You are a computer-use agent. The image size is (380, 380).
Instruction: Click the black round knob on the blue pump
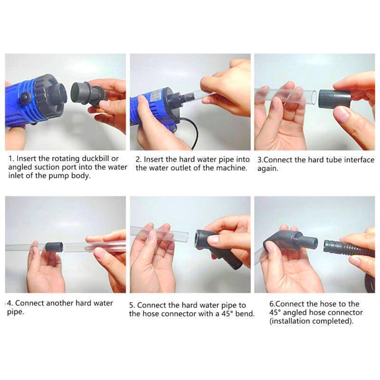pyautogui.click(x=26, y=97)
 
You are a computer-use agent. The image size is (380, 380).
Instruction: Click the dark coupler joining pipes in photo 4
pyautogui.click(x=55, y=247)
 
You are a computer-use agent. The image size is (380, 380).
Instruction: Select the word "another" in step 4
pyautogui.click(x=60, y=303)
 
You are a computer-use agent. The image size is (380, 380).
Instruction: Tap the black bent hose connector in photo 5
pyautogui.click(x=216, y=248)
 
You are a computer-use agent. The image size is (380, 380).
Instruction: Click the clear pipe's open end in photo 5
pyautogui.click(x=186, y=237)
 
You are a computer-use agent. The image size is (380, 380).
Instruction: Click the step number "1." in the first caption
pyautogui.click(x=11, y=159)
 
